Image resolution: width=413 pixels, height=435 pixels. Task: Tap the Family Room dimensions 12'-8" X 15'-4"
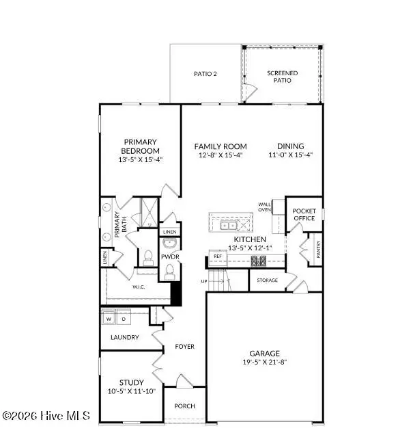point(220,155)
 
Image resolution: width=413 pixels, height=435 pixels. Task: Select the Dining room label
point(290,146)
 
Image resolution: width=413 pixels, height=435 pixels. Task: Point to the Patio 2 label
point(205,74)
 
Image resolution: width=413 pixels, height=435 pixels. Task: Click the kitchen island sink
point(227,224)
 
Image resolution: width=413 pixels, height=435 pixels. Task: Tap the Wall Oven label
point(265,207)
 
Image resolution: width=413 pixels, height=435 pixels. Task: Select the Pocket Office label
point(304,214)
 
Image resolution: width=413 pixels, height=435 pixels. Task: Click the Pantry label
point(318,248)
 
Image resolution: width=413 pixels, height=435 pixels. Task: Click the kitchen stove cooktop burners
point(260,260)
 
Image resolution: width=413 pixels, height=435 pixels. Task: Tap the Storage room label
point(266,280)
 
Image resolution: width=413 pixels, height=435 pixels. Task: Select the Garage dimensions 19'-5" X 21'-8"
point(264,362)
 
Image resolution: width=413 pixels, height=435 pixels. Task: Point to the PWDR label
point(169,257)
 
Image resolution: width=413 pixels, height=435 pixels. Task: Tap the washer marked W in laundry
point(108,319)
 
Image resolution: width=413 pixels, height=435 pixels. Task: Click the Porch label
point(184,406)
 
